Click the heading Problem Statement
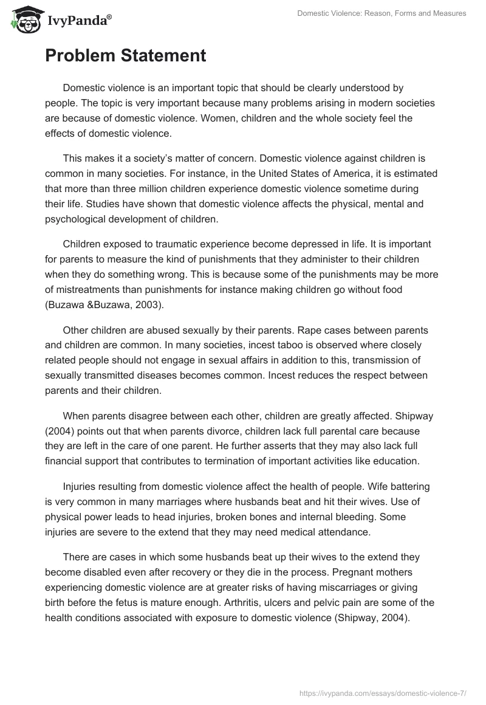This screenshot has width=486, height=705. tap(125, 56)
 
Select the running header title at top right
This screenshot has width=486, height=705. tap(382, 13)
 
